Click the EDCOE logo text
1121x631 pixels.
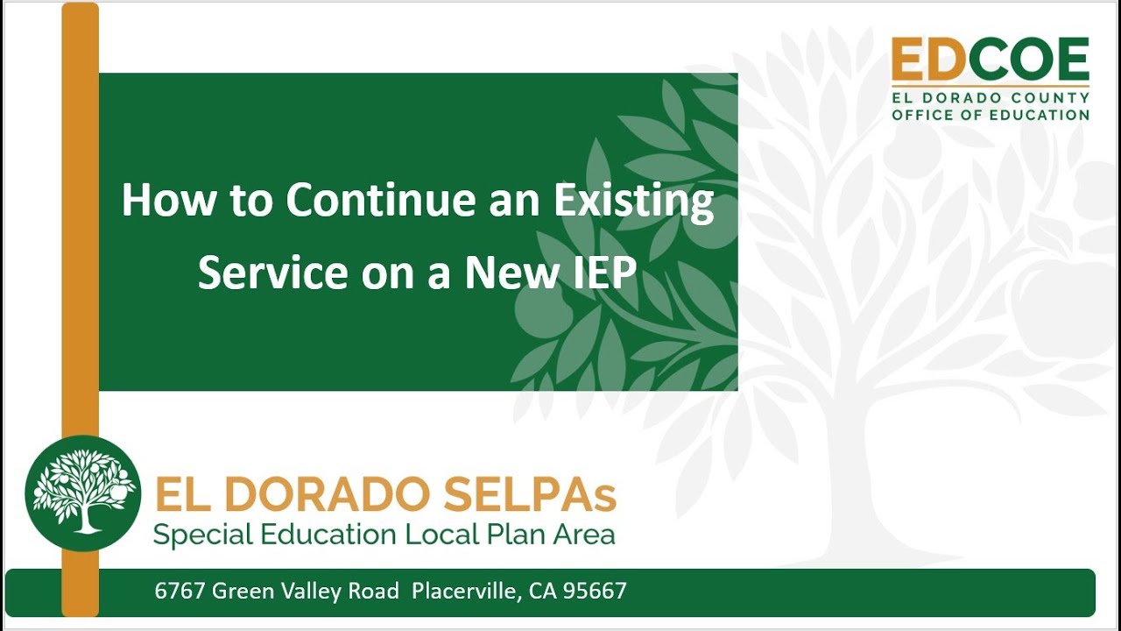[x=990, y=60]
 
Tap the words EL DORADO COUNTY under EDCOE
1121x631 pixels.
[x=990, y=98]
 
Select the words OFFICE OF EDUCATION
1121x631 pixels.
[x=990, y=115]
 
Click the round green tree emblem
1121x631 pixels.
[x=82, y=493]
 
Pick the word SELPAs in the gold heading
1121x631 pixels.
[x=530, y=495]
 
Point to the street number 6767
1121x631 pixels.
[x=180, y=592]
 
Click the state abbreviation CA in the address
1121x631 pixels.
[x=543, y=592]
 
